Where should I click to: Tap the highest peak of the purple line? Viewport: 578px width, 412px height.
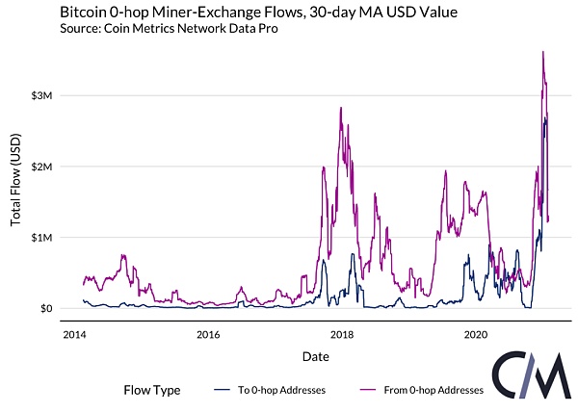tap(543, 52)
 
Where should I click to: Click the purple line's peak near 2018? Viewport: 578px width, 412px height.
tap(341, 108)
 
